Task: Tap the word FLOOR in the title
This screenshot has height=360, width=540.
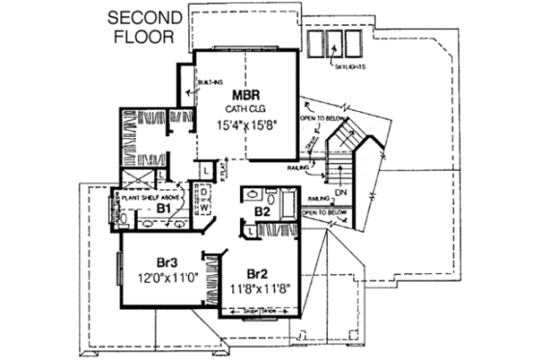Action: (142, 39)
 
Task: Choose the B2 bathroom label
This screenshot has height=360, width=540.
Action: (261, 209)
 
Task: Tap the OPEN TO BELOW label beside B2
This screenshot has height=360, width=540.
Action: (325, 211)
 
